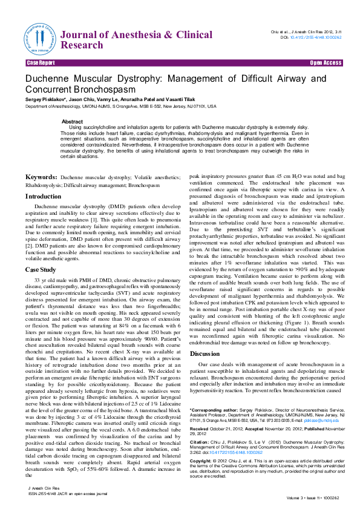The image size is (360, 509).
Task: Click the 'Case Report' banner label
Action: pyautogui.click(x=41, y=63)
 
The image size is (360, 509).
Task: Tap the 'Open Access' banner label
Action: pyautogui.click(x=326, y=63)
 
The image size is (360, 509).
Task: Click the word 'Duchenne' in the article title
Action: pyautogui.click(x=49, y=79)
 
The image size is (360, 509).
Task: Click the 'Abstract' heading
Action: pyautogui.click(x=72, y=122)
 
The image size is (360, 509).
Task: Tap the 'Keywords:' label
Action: pyautogui.click(x=41, y=177)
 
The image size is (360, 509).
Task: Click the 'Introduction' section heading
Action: pyautogui.click(x=43, y=197)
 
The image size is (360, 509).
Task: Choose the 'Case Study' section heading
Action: pyautogui.click(x=41, y=269)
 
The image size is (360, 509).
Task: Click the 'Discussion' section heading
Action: pyautogui.click(x=205, y=353)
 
